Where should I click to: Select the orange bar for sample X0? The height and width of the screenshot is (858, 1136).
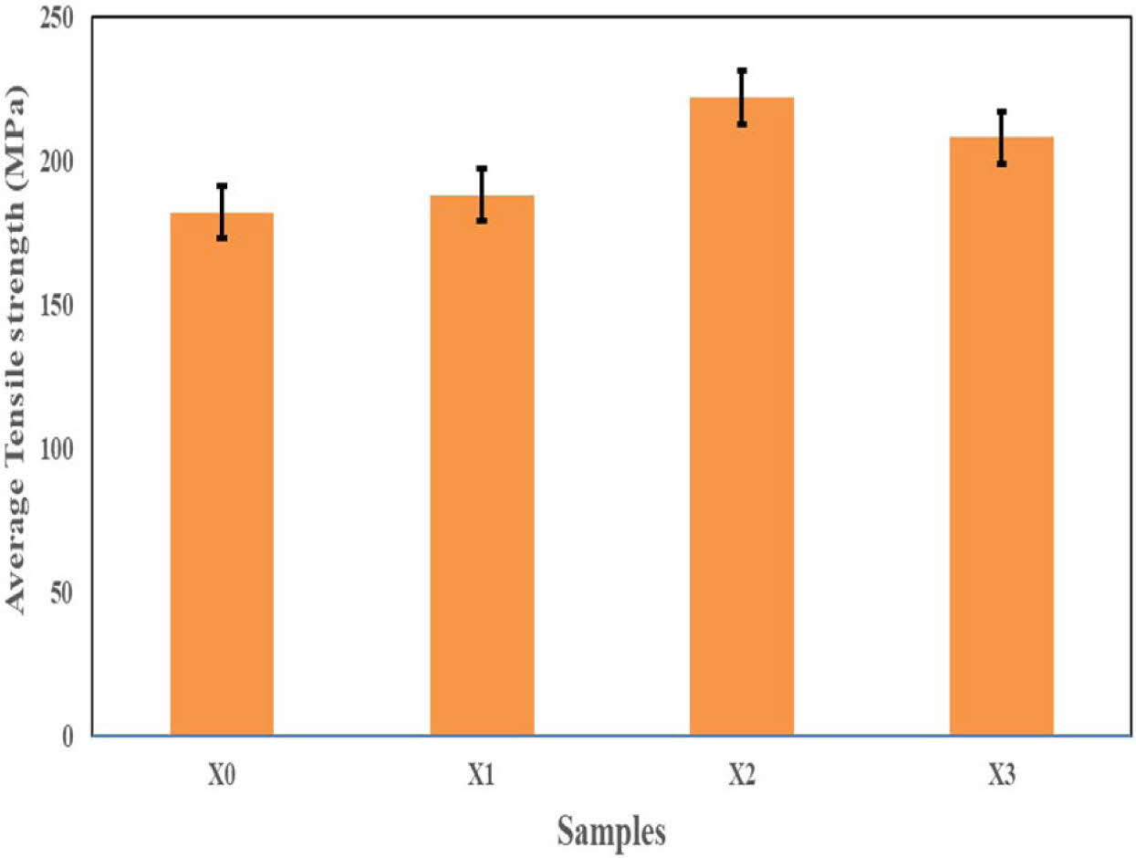pyautogui.click(x=222, y=475)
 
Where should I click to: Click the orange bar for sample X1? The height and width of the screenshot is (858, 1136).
pyautogui.click(x=482, y=466)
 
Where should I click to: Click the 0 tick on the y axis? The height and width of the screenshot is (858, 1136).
pyautogui.click(x=69, y=736)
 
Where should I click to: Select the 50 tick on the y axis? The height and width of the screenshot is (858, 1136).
pyautogui.click(x=63, y=592)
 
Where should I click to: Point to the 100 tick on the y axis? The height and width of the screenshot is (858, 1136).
pyautogui.click(x=57, y=449)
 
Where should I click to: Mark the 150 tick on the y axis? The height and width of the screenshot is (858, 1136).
pyautogui.click(x=57, y=306)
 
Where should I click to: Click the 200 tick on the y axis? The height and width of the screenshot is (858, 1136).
pyautogui.click(x=57, y=162)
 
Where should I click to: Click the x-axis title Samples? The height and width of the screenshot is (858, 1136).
pyautogui.click(x=611, y=832)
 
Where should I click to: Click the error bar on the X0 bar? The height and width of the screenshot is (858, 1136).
pyautogui.click(x=222, y=212)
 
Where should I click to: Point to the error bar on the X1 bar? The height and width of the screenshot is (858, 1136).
pyautogui.click(x=482, y=194)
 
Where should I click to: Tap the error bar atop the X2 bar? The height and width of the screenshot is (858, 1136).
pyautogui.click(x=742, y=97)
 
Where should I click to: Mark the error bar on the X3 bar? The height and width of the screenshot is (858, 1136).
pyautogui.click(x=1001, y=137)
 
